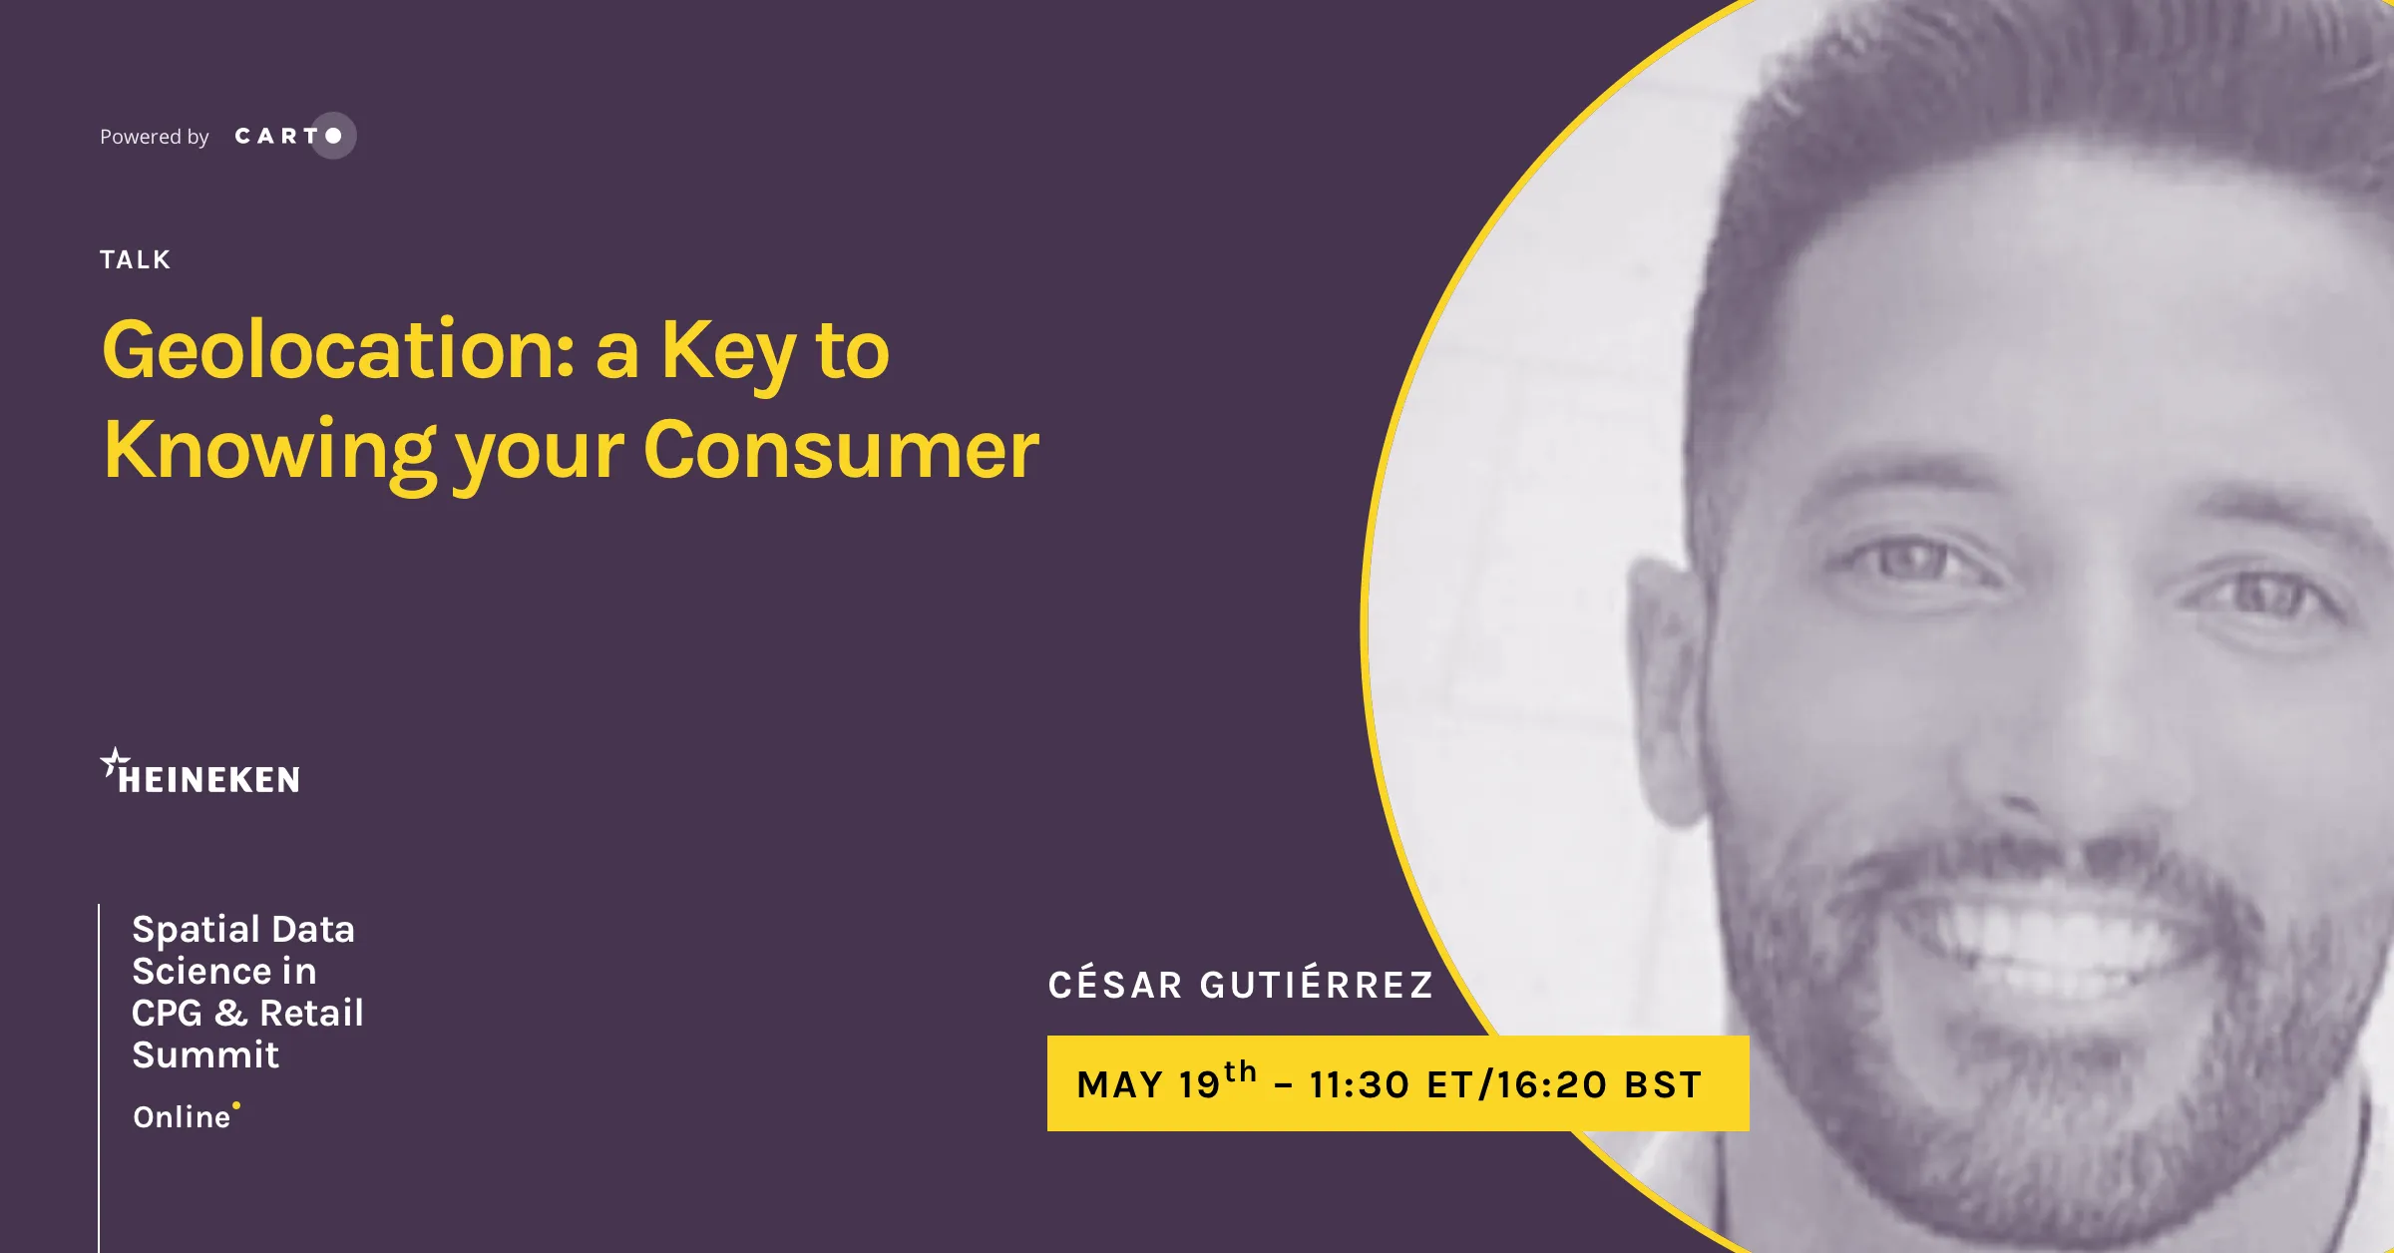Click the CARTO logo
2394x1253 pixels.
pyautogui.click(x=295, y=136)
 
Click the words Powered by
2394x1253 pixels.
pyautogui.click(x=155, y=137)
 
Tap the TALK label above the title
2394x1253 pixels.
pyautogui.click(x=136, y=260)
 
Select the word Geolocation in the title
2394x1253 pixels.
pyautogui.click(x=339, y=350)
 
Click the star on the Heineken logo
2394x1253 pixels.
pyautogui.click(x=115, y=762)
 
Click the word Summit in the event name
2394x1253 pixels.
pyautogui.click(x=205, y=1055)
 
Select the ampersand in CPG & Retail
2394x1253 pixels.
pyautogui.click(x=230, y=1014)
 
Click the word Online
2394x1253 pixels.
pyautogui.click(x=182, y=1117)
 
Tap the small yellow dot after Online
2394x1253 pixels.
pyautogui.click(x=236, y=1105)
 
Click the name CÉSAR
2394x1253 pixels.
pyautogui.click(x=1115, y=984)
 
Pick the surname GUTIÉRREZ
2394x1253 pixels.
pyautogui.click(x=1317, y=984)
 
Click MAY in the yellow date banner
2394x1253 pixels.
pyautogui.click(x=1120, y=1085)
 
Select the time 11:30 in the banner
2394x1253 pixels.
pyautogui.click(x=1360, y=1085)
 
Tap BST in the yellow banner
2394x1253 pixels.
pyautogui.click(x=1663, y=1085)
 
